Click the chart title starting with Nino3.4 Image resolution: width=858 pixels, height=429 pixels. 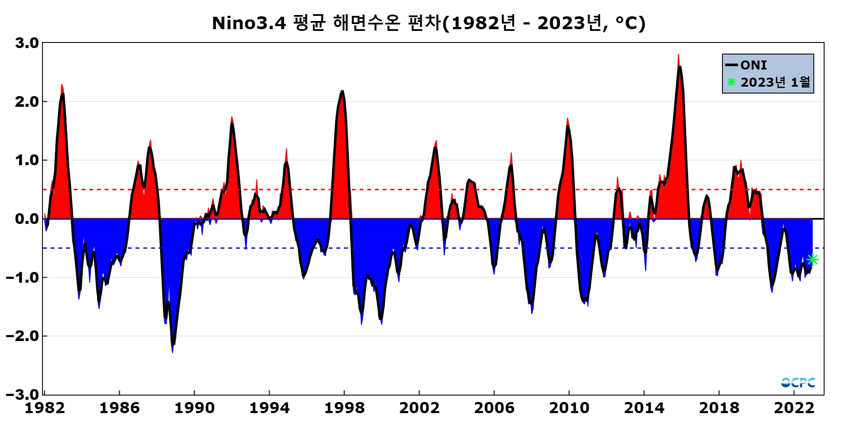(429, 23)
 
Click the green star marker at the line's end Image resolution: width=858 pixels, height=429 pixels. (813, 260)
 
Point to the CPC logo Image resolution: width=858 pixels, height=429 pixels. (798, 382)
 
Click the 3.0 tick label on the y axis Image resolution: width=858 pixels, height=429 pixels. (27, 43)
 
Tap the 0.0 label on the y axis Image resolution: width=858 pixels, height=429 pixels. (27, 219)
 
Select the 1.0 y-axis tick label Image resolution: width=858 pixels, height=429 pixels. (27, 160)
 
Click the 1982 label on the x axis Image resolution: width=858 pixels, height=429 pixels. (45, 408)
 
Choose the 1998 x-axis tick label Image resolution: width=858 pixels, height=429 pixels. (344, 408)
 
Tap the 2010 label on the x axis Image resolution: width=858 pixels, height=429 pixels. (569, 408)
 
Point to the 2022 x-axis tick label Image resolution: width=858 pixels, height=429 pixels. (794, 408)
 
